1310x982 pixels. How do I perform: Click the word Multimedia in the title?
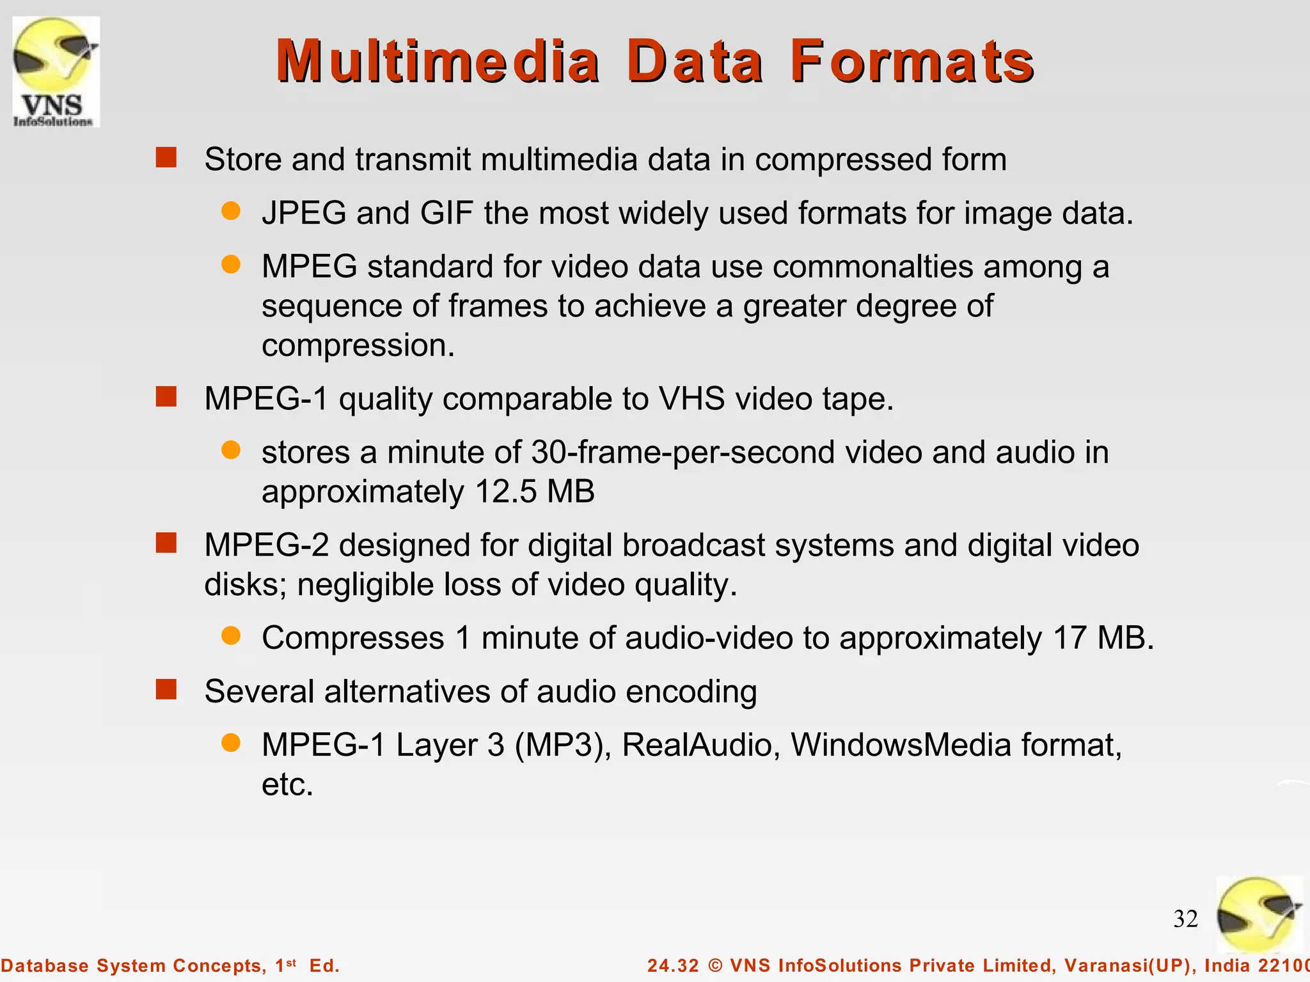tap(438, 61)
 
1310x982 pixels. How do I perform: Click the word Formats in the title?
tap(911, 61)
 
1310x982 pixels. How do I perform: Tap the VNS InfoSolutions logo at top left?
tap(56, 72)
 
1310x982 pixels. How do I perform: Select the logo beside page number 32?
tap(1259, 915)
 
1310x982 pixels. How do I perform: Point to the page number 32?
tap(1185, 919)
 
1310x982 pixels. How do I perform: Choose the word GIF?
tap(446, 213)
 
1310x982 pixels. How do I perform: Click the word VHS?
tap(691, 399)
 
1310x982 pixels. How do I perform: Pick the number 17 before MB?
tap(1069, 638)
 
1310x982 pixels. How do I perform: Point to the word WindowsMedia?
tap(901, 745)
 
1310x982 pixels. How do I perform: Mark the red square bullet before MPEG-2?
tap(166, 543)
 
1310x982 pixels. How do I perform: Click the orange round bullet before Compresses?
tap(231, 635)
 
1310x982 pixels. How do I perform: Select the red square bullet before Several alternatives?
tap(166, 690)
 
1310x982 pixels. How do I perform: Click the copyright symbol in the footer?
tap(715, 965)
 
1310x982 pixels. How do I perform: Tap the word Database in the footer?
tap(45, 965)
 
